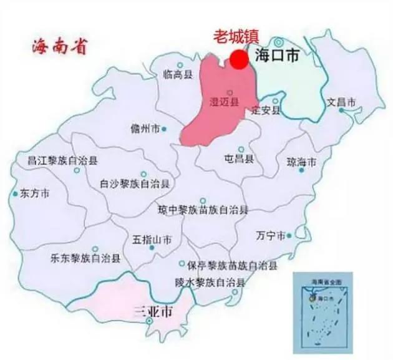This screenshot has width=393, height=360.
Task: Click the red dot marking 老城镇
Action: click(x=238, y=59)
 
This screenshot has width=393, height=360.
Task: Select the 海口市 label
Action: click(x=277, y=56)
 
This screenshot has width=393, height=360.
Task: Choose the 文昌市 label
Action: click(x=341, y=102)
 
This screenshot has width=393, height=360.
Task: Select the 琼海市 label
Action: click(x=301, y=162)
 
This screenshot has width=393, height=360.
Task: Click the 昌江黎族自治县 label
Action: click(x=62, y=160)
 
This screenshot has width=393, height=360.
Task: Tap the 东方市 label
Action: click(x=35, y=193)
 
